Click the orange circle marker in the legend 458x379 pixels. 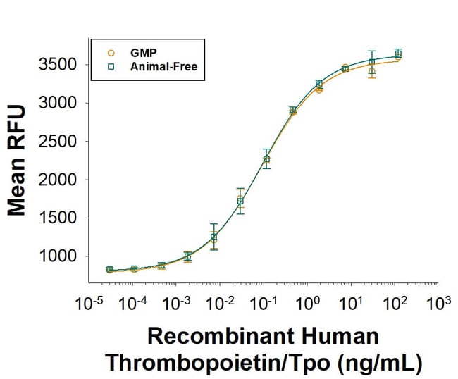(111, 52)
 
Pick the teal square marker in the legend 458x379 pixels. (111, 67)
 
